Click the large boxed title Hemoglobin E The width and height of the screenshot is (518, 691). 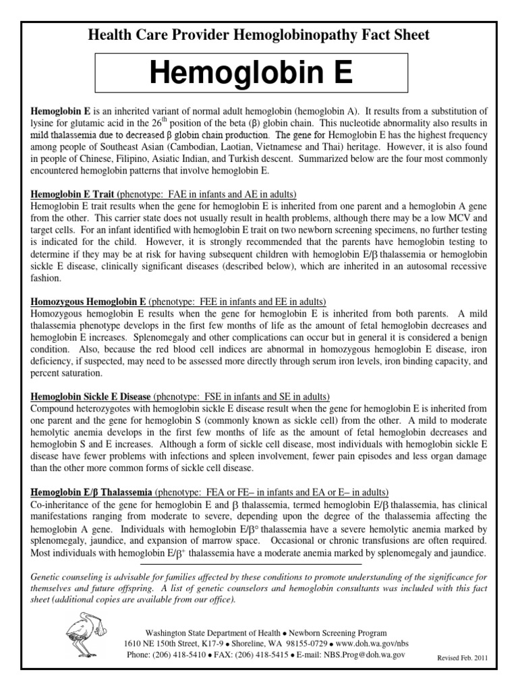point(259,74)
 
